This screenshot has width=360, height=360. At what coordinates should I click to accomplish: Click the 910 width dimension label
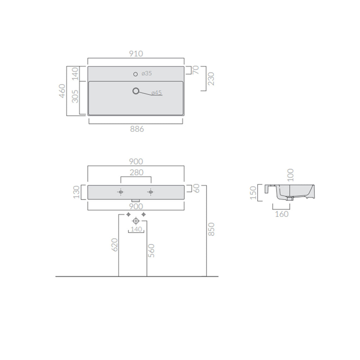click(x=136, y=53)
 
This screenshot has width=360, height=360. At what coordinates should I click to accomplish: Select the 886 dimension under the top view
click(x=137, y=129)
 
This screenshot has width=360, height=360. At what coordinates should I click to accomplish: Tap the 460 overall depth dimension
click(x=62, y=91)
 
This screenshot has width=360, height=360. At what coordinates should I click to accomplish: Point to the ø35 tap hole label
click(x=147, y=73)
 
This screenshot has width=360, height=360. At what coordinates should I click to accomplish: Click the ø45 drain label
click(x=156, y=92)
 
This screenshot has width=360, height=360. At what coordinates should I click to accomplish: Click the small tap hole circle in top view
click(x=135, y=74)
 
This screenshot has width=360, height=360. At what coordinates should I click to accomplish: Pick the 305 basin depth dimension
click(x=75, y=96)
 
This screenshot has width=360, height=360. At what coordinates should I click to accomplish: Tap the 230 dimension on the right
click(x=211, y=79)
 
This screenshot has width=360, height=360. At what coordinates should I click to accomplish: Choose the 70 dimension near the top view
click(x=195, y=70)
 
